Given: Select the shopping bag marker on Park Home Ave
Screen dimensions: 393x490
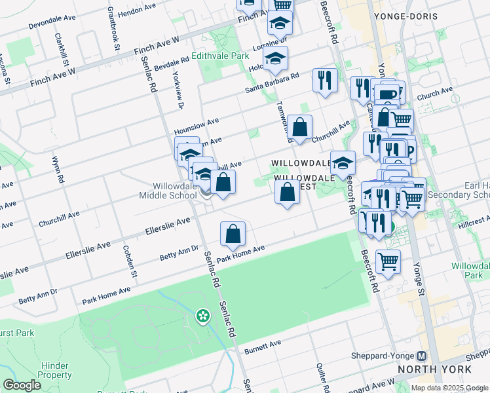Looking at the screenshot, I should click(233, 234).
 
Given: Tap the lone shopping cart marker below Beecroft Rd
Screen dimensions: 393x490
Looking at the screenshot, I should click(388, 262).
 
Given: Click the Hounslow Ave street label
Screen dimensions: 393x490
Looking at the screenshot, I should click(195, 123).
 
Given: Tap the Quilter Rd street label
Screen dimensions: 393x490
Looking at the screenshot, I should click(322, 378).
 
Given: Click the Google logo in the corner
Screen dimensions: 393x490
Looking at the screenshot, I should click(22, 384).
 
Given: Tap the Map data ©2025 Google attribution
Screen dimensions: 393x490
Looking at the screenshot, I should click(449, 388).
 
